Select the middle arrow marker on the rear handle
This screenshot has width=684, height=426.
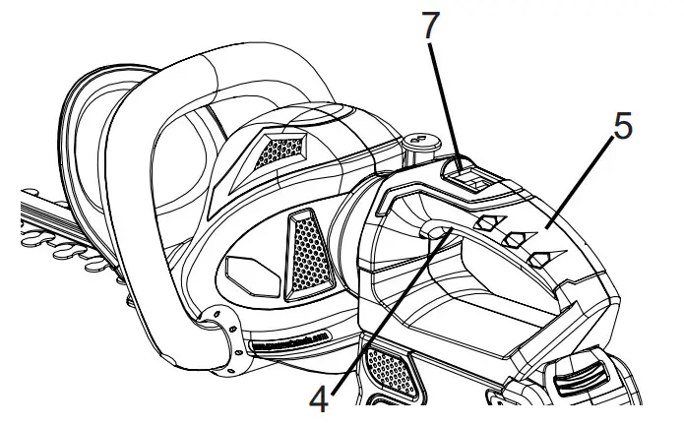tap(513, 240)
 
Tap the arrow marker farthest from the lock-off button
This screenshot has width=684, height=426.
tap(539, 258)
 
